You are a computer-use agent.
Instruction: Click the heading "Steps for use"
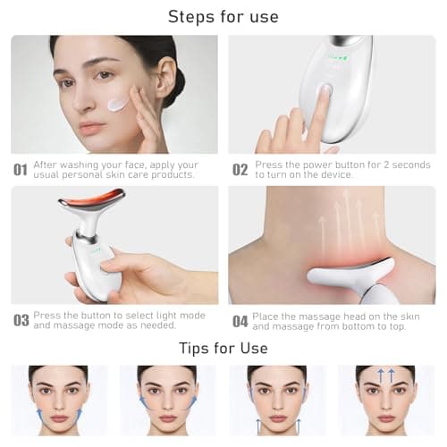tap(223, 16)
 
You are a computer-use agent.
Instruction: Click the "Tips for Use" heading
tap(223, 347)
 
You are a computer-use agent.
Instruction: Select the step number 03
tap(20, 320)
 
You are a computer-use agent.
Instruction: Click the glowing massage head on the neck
tap(340, 273)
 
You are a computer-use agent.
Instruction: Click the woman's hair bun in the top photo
tap(177, 85)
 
